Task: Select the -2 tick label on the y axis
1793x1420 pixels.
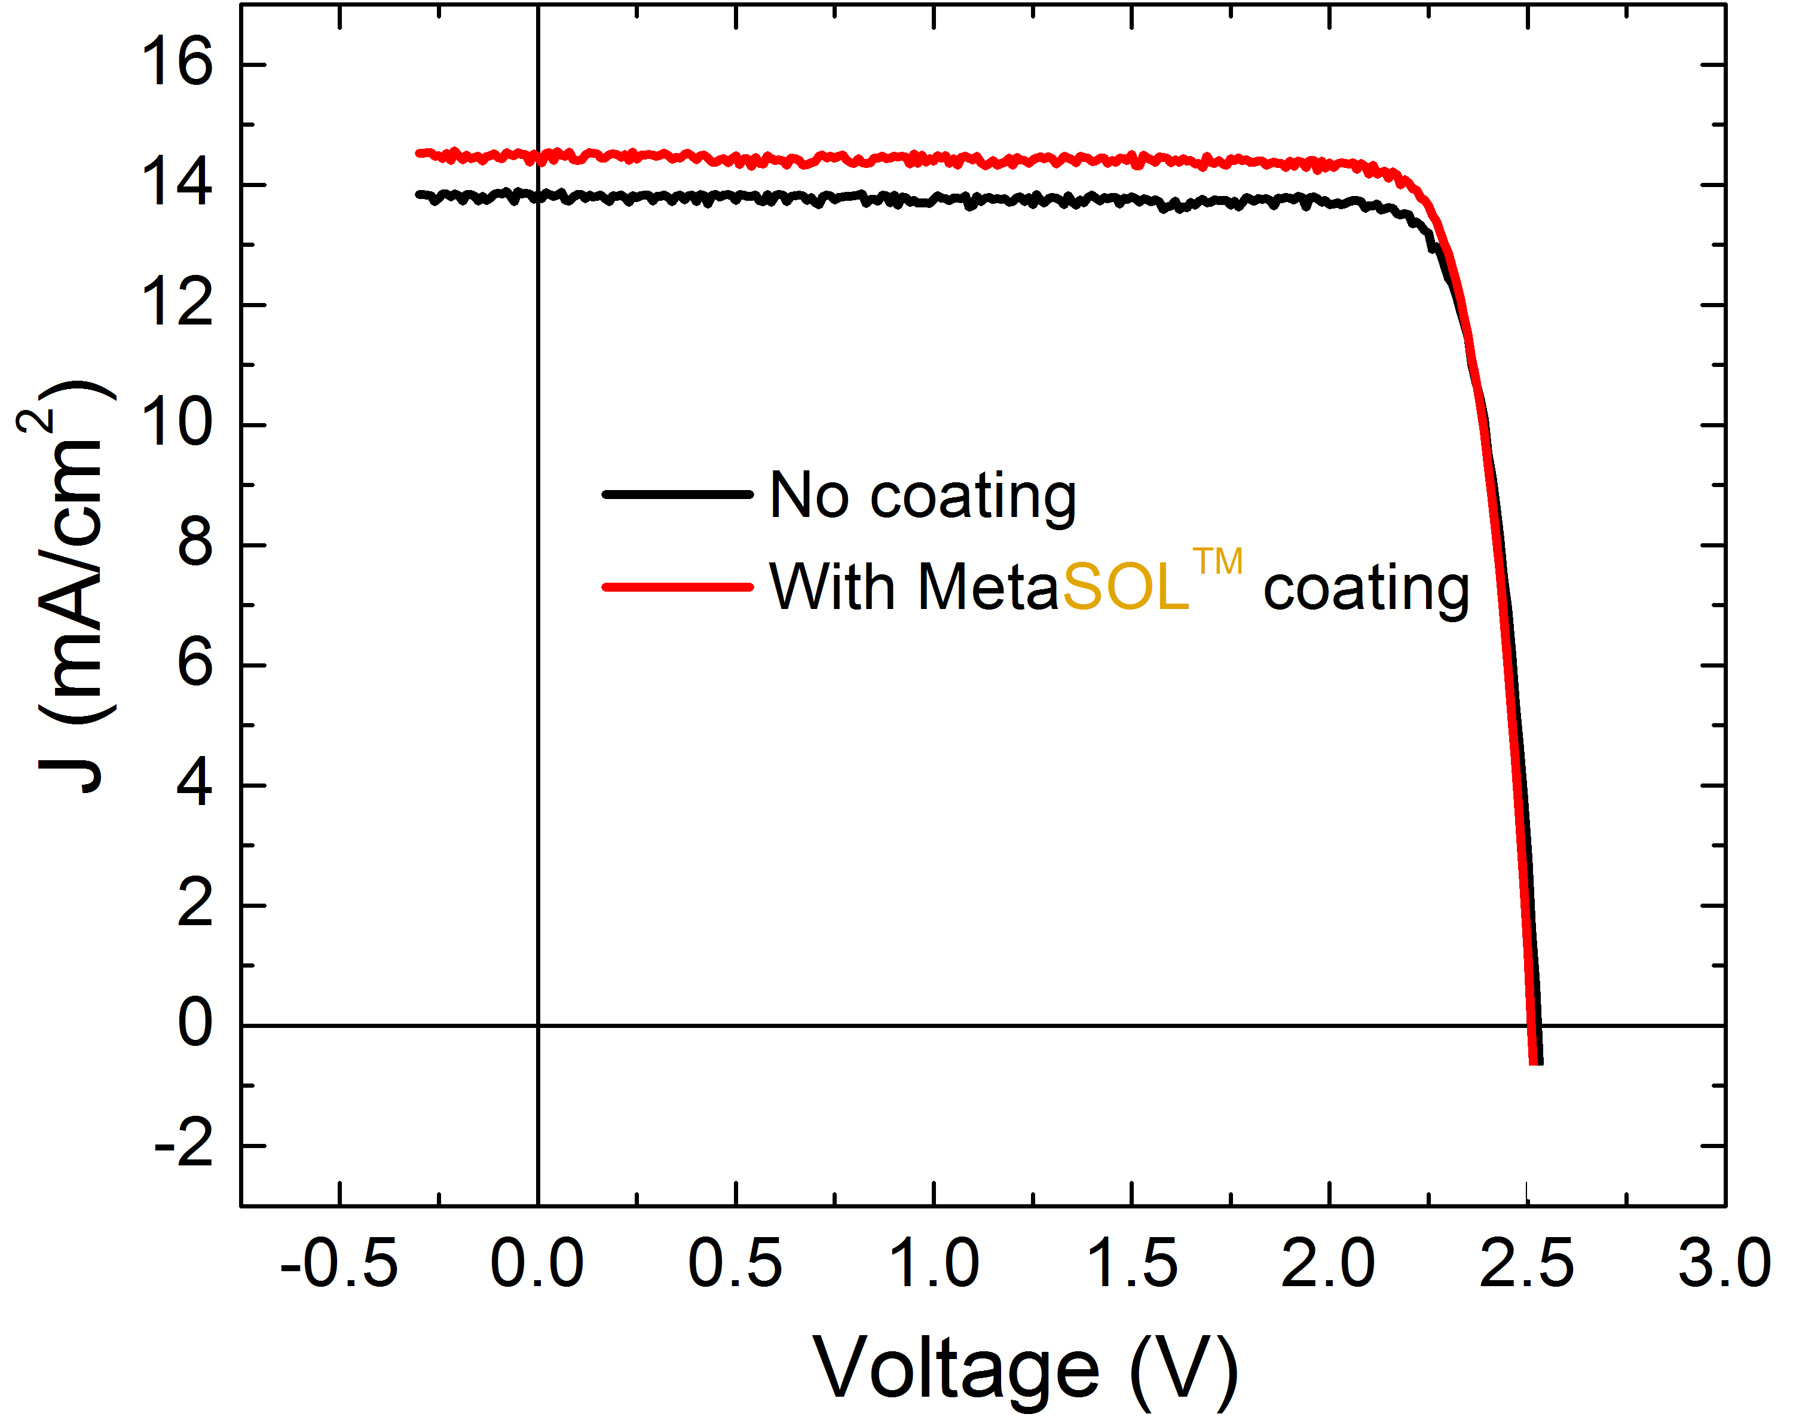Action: [185, 1146]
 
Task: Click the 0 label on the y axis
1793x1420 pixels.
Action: [195, 1024]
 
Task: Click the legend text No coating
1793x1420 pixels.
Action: [923, 495]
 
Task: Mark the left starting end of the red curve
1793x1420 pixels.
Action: [420, 153]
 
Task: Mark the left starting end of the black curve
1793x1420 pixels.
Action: [420, 195]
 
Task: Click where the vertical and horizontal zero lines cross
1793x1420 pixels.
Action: [538, 1025]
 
